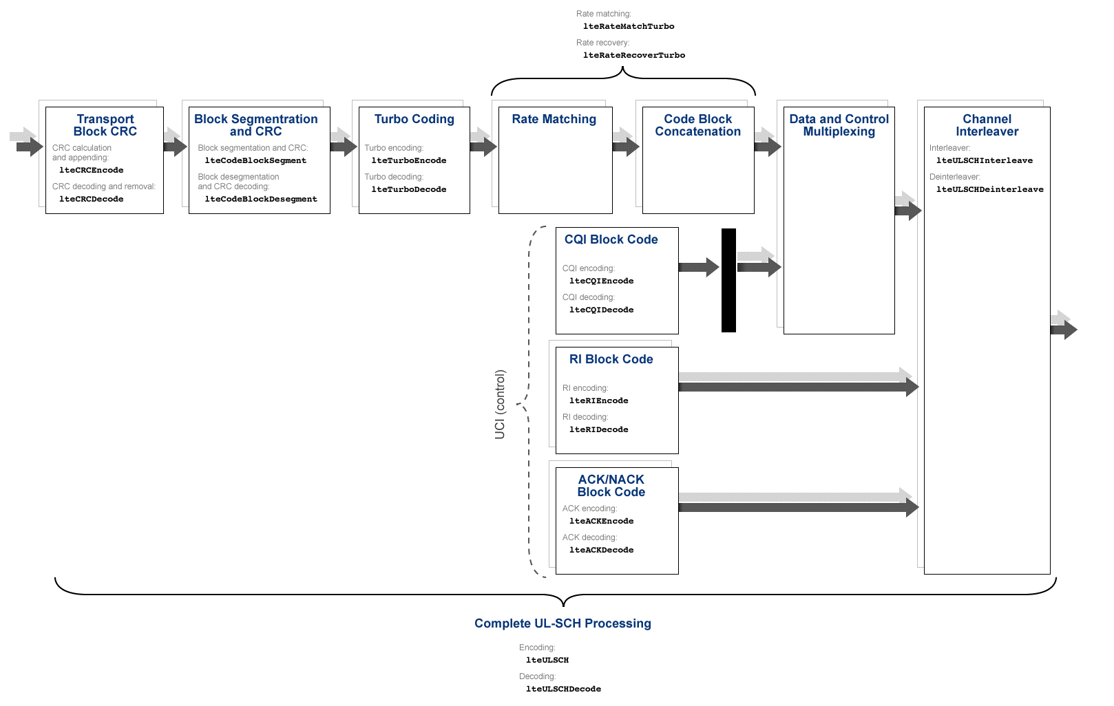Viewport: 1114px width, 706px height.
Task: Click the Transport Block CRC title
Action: point(105,125)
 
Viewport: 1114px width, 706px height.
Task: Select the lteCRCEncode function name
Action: point(91,170)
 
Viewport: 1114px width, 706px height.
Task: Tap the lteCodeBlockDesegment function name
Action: point(261,199)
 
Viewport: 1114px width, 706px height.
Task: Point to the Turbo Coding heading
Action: point(414,119)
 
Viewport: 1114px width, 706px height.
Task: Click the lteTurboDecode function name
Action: point(408,189)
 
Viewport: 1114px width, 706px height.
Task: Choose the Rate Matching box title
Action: point(554,119)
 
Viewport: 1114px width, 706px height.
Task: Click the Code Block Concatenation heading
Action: point(697,125)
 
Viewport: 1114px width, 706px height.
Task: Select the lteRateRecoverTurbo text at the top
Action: point(633,55)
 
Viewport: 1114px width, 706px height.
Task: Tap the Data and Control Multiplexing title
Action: point(839,125)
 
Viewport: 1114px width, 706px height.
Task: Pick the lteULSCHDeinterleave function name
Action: point(989,189)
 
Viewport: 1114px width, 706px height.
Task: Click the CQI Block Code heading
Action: point(611,239)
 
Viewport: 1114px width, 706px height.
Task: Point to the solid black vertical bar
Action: point(728,280)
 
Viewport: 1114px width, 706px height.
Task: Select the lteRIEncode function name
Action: point(598,400)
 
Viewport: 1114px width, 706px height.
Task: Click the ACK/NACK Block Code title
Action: point(611,486)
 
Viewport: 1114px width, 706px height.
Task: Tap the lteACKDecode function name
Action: point(601,550)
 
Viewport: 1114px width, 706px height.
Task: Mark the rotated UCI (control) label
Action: point(500,405)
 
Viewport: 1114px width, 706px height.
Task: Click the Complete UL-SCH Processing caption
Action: point(563,623)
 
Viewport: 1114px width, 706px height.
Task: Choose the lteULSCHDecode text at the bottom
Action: point(563,689)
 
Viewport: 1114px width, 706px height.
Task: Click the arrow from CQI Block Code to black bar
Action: point(698,267)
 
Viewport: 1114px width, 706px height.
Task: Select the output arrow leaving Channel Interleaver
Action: point(1064,329)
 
